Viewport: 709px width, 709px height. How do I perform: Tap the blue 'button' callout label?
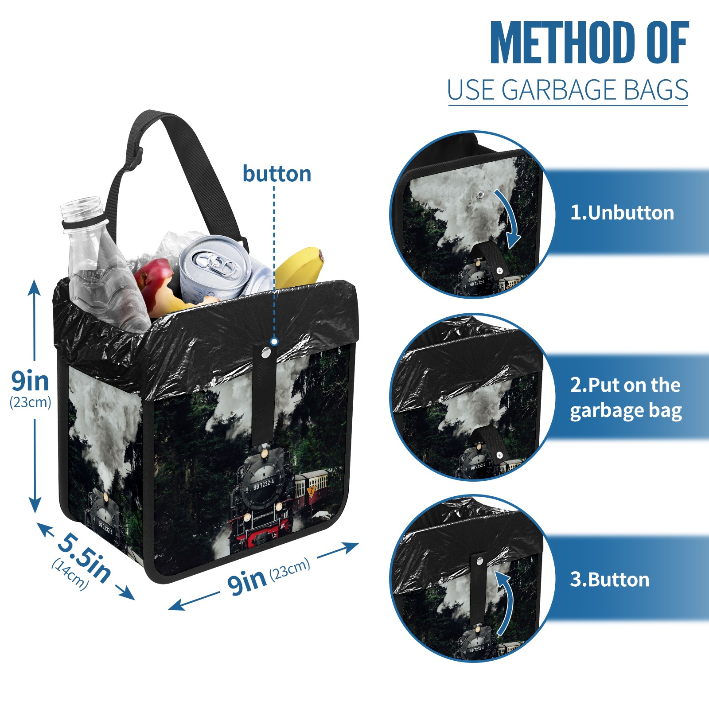point(277,174)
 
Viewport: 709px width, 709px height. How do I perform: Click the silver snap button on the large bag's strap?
point(266,353)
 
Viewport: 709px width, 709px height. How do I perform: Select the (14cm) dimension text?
point(70,574)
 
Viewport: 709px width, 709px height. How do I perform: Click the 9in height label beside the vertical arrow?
point(30,381)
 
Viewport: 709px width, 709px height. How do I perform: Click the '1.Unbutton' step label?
point(622,213)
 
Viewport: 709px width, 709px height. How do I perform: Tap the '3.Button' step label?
point(609,580)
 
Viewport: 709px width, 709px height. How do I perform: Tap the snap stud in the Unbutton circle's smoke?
point(479,195)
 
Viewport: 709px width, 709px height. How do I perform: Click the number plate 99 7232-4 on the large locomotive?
point(264,484)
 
